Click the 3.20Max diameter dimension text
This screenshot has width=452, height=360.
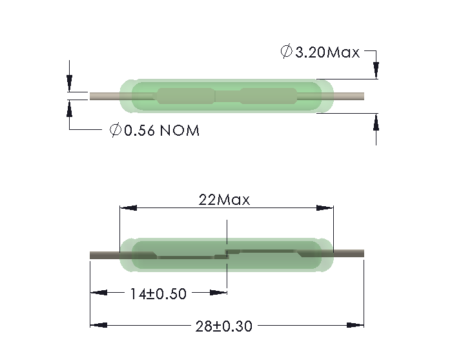(x=327, y=52)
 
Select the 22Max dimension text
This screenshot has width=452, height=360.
(x=224, y=199)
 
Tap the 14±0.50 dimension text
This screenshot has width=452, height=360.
(x=158, y=294)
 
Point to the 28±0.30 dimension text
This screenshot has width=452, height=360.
(x=223, y=326)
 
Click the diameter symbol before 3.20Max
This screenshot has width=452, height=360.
(x=286, y=52)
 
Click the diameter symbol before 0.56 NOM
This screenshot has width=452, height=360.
(x=116, y=131)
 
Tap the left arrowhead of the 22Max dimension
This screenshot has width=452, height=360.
(x=128, y=207)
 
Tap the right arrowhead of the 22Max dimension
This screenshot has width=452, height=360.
(x=325, y=207)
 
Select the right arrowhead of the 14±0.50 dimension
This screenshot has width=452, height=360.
(x=218, y=293)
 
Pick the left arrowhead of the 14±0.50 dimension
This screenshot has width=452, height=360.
(x=98, y=293)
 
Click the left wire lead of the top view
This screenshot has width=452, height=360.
(x=104, y=97)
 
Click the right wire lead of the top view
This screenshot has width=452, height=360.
(x=349, y=97)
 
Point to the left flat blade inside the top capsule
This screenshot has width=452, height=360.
(x=185, y=97)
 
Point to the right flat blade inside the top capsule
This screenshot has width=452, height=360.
(x=266, y=97)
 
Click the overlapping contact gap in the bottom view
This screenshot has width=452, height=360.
(x=227, y=254)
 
